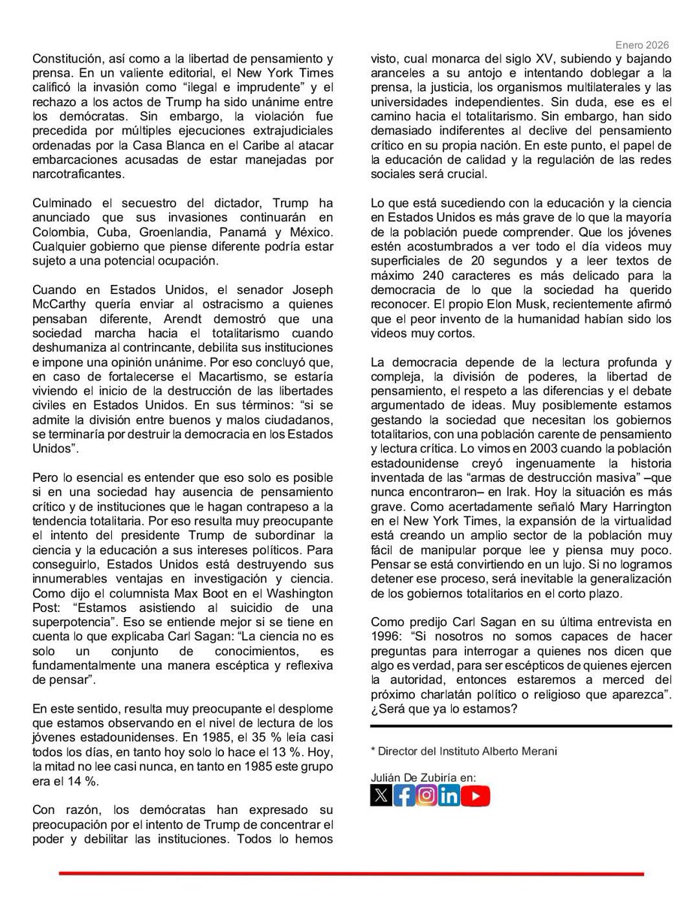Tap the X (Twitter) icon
(x=381, y=795)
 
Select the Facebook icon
(x=404, y=795)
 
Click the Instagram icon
(x=426, y=795)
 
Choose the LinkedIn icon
(x=449, y=795)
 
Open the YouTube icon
(x=476, y=795)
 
